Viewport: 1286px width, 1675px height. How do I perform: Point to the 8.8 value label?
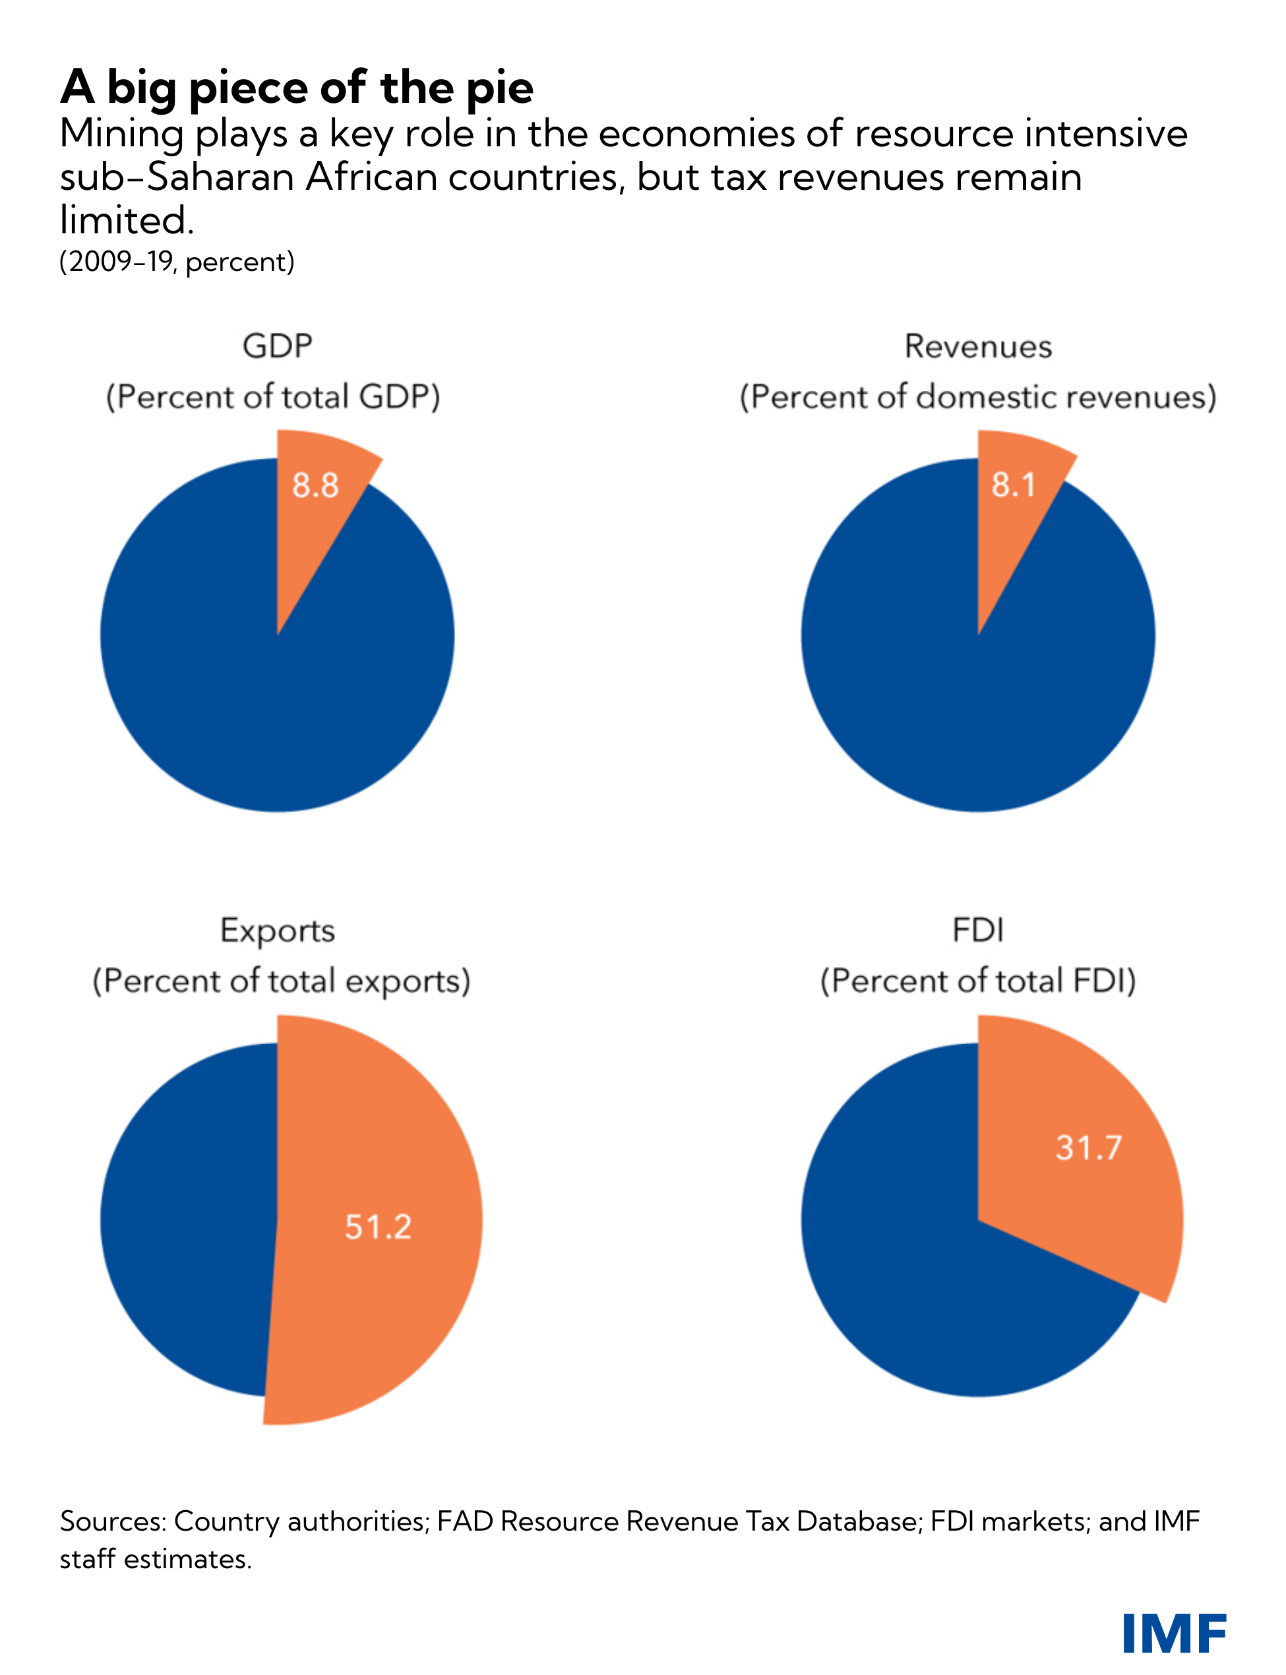[x=315, y=485]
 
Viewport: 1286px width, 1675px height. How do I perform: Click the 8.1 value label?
[x=1014, y=485]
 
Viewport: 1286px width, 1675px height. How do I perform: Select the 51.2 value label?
[x=378, y=1227]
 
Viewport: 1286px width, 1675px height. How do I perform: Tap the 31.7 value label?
[x=1089, y=1147]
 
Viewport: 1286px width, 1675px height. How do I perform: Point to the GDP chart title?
[x=277, y=346]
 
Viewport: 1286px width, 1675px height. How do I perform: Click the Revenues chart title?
[x=977, y=347]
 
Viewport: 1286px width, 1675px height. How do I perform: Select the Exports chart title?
[x=277, y=931]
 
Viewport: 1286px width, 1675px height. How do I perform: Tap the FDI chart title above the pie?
[x=977, y=931]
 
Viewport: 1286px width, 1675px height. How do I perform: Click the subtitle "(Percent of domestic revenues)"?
[x=977, y=397]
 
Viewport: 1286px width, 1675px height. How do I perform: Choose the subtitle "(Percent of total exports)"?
[x=281, y=981]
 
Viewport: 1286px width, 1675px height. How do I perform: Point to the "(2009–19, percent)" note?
[x=177, y=262]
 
